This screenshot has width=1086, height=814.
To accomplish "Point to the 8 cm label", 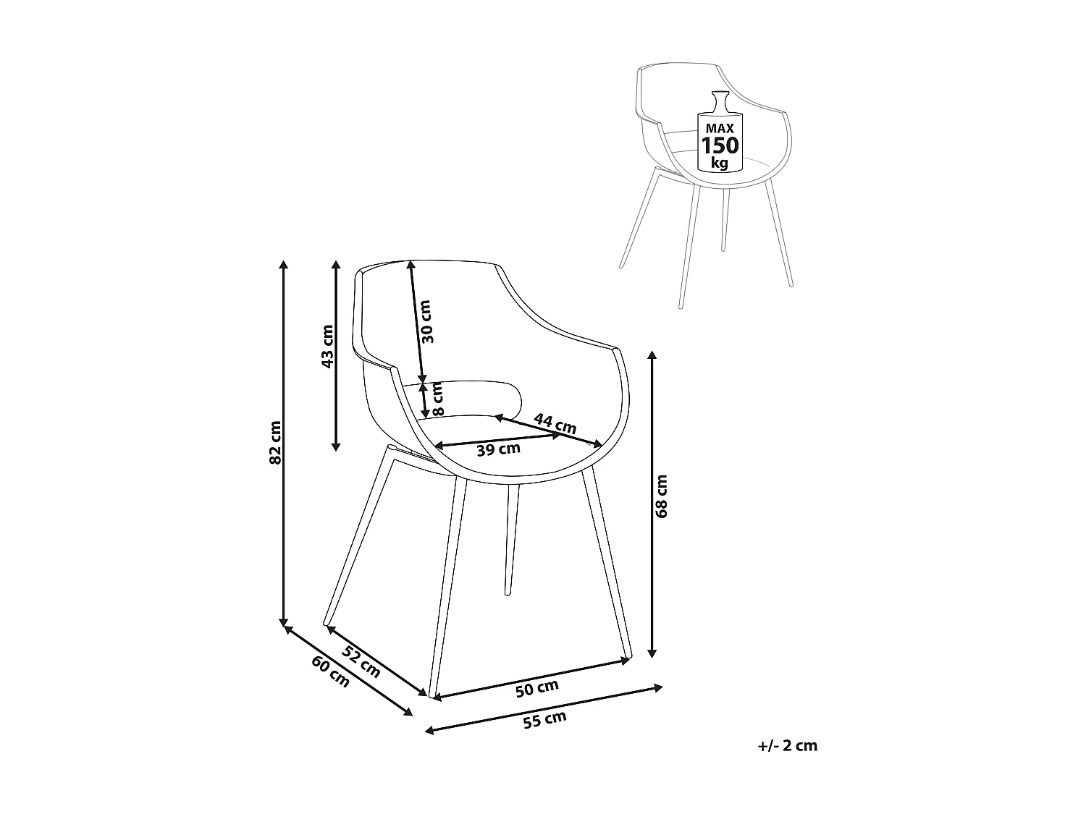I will [x=437, y=400].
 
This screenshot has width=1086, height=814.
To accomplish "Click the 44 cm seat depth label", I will [x=555, y=423].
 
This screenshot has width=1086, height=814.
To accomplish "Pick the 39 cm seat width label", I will [x=499, y=449].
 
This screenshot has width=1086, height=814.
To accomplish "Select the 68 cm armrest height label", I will [x=660, y=496].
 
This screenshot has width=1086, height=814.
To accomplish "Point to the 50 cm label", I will [x=537, y=689].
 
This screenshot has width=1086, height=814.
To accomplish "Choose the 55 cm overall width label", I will [x=545, y=720].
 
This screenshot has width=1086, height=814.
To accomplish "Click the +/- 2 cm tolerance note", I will [x=787, y=746].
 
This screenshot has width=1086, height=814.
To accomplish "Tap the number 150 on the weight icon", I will [x=719, y=145].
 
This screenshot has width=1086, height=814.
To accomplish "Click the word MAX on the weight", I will [x=719, y=127].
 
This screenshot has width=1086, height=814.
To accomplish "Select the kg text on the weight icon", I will [x=719, y=163].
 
